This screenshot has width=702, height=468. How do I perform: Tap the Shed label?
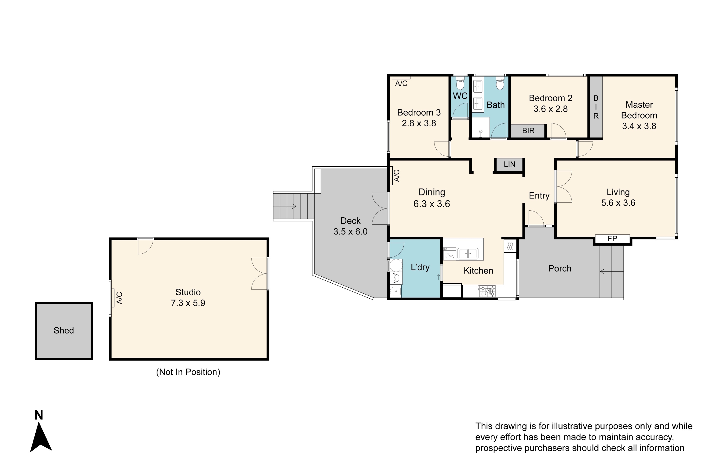click(x=64, y=330)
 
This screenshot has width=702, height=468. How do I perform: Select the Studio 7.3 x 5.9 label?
click(x=188, y=298)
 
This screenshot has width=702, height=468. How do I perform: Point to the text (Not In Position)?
click(x=188, y=372)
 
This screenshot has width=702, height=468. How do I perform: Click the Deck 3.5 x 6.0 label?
click(x=350, y=226)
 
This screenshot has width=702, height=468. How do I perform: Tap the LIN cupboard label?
click(x=509, y=164)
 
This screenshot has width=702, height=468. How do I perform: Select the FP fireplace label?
click(x=612, y=238)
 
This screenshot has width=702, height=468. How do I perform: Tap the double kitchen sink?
click(x=468, y=254)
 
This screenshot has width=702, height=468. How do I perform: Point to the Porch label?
click(x=560, y=268)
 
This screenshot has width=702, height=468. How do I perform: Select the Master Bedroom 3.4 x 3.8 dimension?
click(x=639, y=126)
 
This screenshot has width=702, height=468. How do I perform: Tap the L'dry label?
click(x=420, y=267)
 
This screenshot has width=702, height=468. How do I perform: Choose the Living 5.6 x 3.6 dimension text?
click(x=618, y=203)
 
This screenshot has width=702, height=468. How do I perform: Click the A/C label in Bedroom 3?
click(x=401, y=84)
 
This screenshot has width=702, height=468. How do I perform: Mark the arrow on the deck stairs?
click(x=285, y=206)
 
